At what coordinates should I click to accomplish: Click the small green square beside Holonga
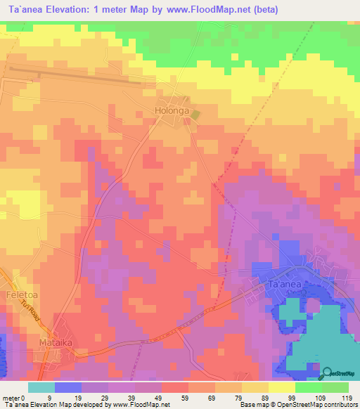[197, 113]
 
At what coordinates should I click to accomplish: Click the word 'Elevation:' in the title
[84, 10]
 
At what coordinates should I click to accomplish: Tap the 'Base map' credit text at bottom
[254, 405]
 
